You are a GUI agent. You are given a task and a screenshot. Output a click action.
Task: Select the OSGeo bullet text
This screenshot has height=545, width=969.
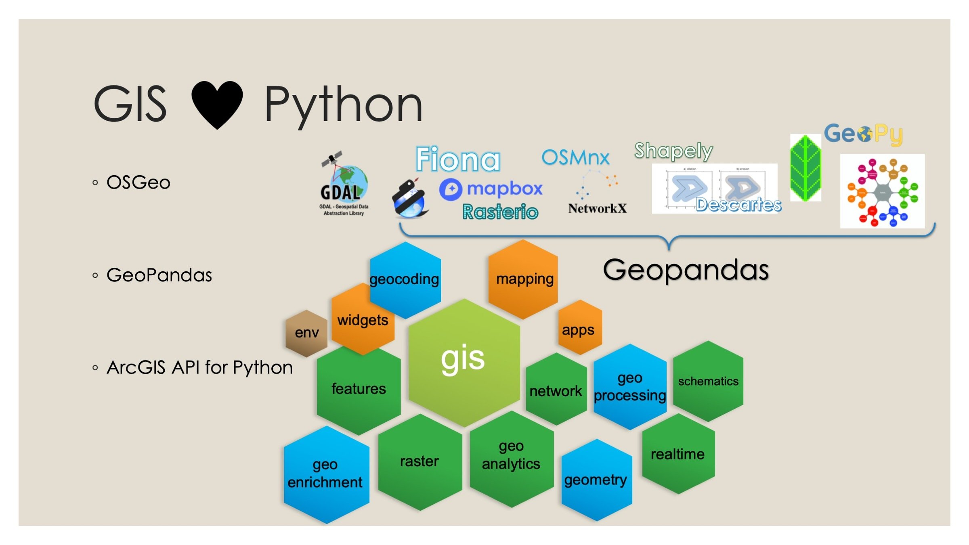(138, 182)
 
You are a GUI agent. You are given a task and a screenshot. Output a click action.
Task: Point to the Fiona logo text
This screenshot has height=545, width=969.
(458, 159)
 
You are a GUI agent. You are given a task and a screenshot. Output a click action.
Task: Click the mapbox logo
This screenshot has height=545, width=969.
(491, 189)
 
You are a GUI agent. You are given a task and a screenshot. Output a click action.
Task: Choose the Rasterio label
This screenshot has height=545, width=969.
(500, 212)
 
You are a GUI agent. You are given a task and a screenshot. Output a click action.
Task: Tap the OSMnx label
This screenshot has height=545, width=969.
(575, 157)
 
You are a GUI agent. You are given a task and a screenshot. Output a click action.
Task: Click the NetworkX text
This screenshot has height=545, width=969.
(597, 208)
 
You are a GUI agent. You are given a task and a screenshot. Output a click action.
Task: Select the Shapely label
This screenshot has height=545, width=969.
(673, 151)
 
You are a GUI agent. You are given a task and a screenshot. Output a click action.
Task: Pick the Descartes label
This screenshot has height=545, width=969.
(738, 205)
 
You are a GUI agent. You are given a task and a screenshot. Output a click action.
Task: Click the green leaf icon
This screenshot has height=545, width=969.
(805, 168)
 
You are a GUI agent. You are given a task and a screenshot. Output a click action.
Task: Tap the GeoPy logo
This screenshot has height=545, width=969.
(863, 134)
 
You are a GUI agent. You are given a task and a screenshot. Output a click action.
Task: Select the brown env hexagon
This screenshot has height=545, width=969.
(306, 333)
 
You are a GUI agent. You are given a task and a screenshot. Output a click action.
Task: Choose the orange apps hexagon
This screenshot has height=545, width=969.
(579, 328)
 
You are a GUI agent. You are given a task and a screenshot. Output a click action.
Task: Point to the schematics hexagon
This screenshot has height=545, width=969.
(708, 381)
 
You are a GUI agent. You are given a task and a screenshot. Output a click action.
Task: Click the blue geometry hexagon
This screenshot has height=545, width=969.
(596, 480)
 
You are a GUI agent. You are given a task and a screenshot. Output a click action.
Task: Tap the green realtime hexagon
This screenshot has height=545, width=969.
(678, 454)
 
